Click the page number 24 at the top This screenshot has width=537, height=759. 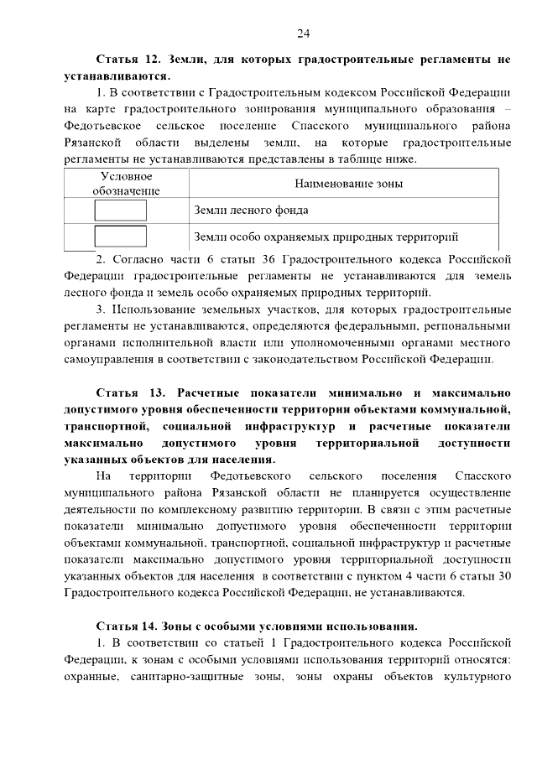click(304, 33)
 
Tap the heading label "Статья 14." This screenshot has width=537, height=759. click(128, 626)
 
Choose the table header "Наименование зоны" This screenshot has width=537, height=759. click(348, 184)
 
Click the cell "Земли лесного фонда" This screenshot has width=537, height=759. click(251, 211)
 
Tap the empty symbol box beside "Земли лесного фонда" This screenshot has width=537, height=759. click(120, 211)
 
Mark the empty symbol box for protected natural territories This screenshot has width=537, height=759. click(120, 237)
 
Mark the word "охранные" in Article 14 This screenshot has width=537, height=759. click(92, 676)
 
